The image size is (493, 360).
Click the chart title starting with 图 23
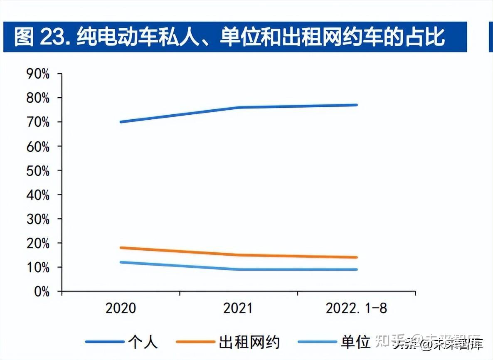tap(229, 37)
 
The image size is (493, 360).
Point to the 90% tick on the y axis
tap(38, 74)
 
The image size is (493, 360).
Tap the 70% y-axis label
tap(38, 123)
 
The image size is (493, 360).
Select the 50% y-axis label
tap(38, 171)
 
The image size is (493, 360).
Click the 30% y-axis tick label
tap(38, 219)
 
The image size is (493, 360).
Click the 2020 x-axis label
tap(121, 308)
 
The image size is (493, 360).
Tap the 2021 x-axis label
tap(238, 308)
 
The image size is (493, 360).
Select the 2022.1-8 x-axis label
tap(356, 308)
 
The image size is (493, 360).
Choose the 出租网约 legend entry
tap(249, 342)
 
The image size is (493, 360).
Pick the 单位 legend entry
tap(355, 342)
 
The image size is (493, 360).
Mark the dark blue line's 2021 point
tap(239, 107)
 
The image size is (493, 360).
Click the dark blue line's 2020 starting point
tap(121, 122)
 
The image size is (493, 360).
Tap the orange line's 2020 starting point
tap(121, 248)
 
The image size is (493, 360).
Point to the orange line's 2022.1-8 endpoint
tap(356, 257)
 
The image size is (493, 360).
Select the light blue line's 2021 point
tap(239, 269)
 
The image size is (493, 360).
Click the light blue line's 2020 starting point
tap(121, 262)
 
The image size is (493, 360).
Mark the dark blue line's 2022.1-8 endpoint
tap(356, 105)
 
